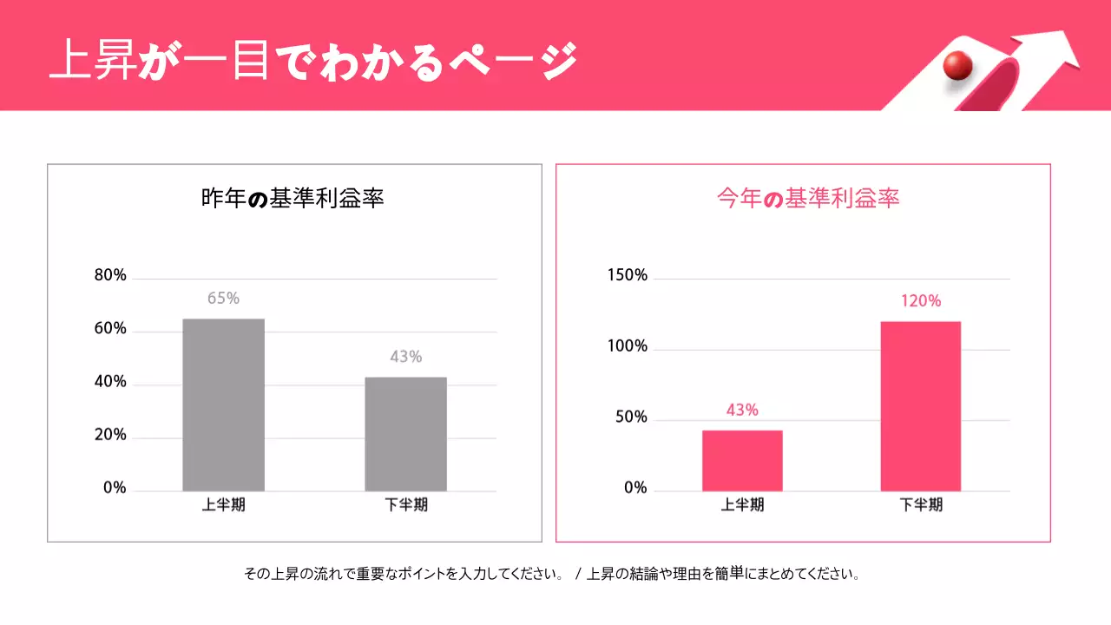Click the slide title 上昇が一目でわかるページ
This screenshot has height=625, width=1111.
pyautogui.click(x=312, y=61)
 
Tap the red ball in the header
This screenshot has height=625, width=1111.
pyautogui.click(x=957, y=65)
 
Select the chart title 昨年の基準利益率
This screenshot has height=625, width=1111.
pyautogui.click(x=293, y=199)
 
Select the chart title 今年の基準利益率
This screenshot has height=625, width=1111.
pyautogui.click(x=808, y=199)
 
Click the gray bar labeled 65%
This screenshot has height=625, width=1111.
pyautogui.click(x=223, y=405)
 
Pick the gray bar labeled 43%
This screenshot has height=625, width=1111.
pyautogui.click(x=405, y=434)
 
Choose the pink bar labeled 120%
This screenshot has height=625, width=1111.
pyautogui.click(x=920, y=406)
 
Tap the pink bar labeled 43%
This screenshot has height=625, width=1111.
pyautogui.click(x=742, y=460)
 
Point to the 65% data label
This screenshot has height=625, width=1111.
pyautogui.click(x=223, y=299)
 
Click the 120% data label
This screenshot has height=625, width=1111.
pyautogui.click(x=920, y=301)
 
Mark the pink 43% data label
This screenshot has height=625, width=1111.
pyautogui.click(x=742, y=410)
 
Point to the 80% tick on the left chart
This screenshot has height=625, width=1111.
pyautogui.click(x=110, y=276)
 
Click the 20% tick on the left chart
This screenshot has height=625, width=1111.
pyautogui.click(x=110, y=435)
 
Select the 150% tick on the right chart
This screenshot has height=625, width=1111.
pyautogui.click(x=627, y=276)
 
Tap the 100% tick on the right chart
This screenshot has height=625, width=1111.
pyautogui.click(x=627, y=346)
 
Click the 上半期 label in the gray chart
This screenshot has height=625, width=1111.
pyautogui.click(x=223, y=504)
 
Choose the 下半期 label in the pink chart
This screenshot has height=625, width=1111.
pyautogui.click(x=920, y=504)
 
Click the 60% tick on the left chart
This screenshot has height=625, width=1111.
pyautogui.click(x=110, y=329)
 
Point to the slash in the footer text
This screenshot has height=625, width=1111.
pyautogui.click(x=577, y=575)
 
